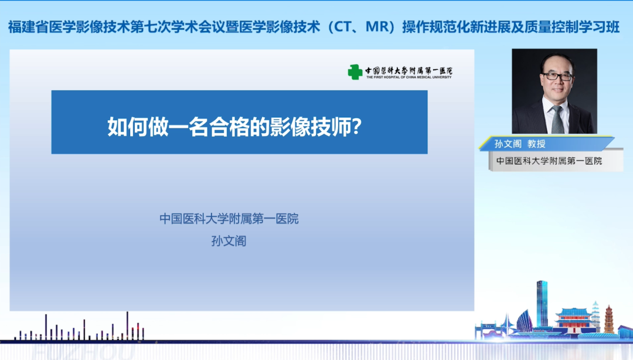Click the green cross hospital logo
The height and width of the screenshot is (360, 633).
point(355,72)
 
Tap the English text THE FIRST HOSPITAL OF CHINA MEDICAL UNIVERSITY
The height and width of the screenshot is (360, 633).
point(409,77)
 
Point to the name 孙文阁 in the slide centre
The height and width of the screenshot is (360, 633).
point(229,240)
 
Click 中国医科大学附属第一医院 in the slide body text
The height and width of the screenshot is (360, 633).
point(229,219)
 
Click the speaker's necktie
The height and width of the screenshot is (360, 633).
point(557,119)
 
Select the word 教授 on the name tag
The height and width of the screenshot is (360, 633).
point(536,143)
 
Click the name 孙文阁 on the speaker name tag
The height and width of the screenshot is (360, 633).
point(508,143)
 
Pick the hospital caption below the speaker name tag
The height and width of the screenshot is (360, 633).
point(549,161)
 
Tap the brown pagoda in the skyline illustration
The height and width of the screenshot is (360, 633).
point(609,320)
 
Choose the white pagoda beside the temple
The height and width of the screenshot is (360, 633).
point(595,314)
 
